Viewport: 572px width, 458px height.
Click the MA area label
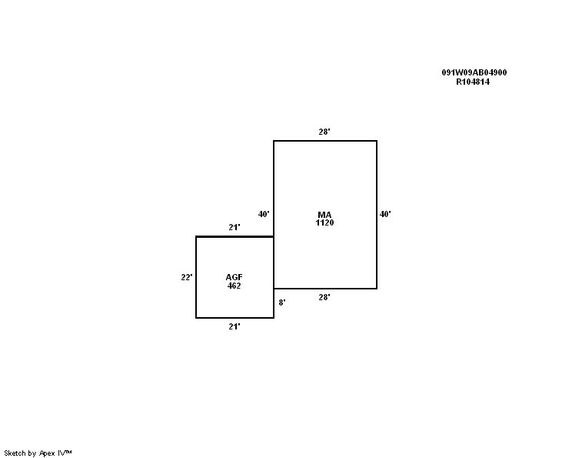click(x=324, y=214)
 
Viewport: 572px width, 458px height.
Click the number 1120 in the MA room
click(x=324, y=222)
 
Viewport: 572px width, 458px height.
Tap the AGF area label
click(x=234, y=277)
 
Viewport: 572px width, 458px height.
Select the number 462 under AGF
click(x=234, y=286)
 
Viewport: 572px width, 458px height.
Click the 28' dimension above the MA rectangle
click(x=324, y=132)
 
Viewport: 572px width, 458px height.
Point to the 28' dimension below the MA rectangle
click(x=324, y=297)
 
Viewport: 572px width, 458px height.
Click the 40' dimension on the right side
click(x=385, y=214)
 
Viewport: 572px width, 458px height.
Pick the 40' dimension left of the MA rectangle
click(x=264, y=214)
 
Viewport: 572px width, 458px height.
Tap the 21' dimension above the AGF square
click(x=234, y=227)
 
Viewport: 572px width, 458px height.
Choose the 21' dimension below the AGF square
click(x=234, y=326)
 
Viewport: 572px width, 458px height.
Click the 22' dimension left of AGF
click(x=187, y=277)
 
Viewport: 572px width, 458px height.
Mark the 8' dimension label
click(x=282, y=303)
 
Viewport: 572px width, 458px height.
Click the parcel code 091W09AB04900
click(x=474, y=72)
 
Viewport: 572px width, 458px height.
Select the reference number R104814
click(x=473, y=82)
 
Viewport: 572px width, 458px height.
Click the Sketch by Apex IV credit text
click(x=38, y=453)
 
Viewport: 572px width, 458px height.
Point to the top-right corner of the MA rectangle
click(x=377, y=141)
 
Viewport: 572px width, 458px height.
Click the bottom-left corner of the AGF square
click(x=196, y=317)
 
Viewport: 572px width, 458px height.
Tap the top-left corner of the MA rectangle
click(x=274, y=141)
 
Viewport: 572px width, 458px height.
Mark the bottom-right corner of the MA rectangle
click(x=377, y=289)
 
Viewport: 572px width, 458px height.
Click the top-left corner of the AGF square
click(x=196, y=236)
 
